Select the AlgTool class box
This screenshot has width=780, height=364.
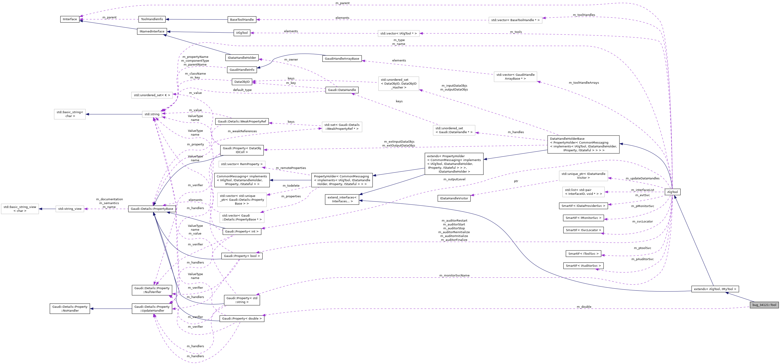672,192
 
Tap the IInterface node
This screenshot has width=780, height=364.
70,19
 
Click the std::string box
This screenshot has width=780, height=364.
152,114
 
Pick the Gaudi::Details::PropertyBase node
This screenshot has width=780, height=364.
152,209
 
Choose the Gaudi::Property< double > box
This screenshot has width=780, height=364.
242,319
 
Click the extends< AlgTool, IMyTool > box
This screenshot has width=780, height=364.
715,289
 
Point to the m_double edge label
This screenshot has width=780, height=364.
584,307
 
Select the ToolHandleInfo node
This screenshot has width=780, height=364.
152,19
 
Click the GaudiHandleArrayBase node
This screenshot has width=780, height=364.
342,59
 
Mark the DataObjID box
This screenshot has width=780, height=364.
242,82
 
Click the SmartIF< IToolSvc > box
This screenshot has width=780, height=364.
583,254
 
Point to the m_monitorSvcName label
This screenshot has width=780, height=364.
454,276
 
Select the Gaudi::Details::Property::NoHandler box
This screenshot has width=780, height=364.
70,309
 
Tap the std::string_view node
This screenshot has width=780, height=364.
70,209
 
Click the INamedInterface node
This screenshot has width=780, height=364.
152,32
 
